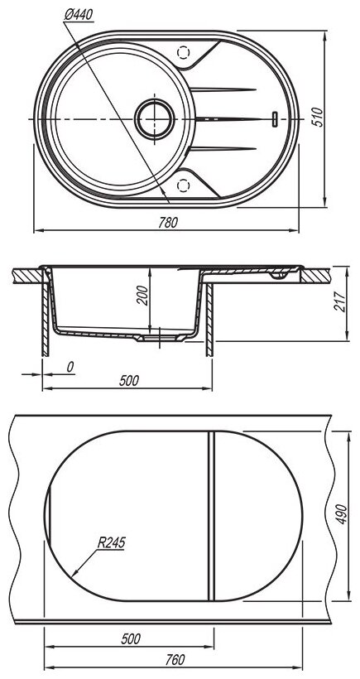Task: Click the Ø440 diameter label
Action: (79, 15)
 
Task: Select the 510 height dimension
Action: (318, 117)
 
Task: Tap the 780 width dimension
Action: (168, 222)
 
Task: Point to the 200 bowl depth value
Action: (143, 296)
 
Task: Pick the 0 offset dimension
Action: (70, 367)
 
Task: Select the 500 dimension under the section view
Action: (129, 381)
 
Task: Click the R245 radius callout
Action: (111, 542)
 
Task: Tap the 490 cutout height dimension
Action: (342, 514)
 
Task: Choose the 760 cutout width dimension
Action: (175, 659)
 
